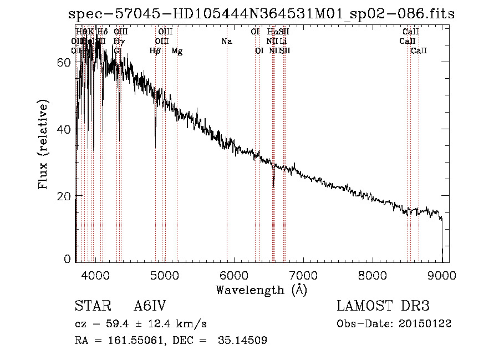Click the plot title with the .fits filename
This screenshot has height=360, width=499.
(x=261, y=14)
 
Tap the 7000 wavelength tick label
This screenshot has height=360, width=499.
(x=303, y=275)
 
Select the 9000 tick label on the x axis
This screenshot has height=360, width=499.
(x=442, y=275)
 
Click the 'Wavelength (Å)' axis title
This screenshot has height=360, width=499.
(x=261, y=290)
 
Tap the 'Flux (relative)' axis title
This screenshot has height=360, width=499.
(x=44, y=144)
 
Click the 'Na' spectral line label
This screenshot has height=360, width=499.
(x=226, y=41)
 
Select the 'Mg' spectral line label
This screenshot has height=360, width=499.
(x=177, y=50)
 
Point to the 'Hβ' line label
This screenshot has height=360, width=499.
(x=155, y=50)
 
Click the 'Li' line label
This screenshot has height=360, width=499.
(x=283, y=41)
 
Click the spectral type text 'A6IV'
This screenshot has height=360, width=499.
(x=150, y=307)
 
